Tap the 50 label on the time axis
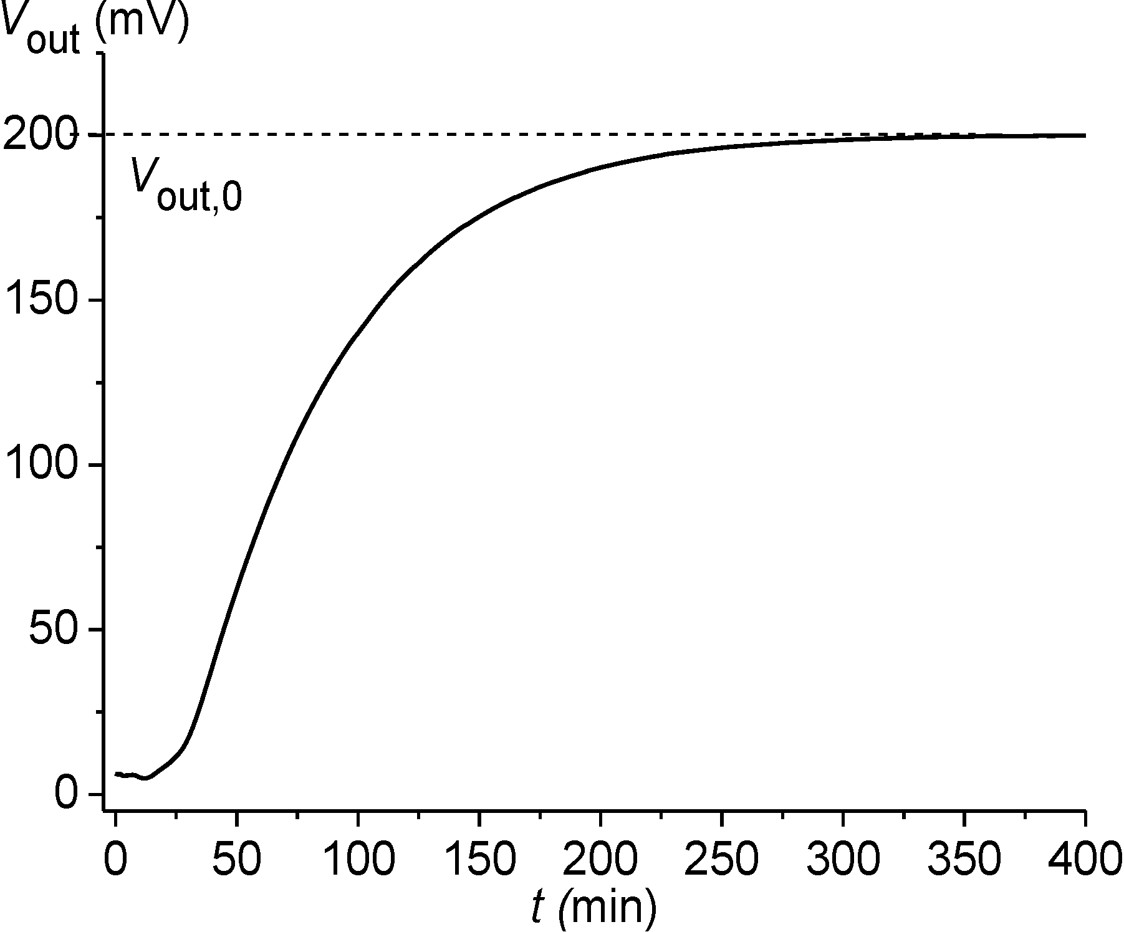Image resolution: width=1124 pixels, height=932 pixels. pos(236,860)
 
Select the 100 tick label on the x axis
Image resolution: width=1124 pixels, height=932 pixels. pos(358,860)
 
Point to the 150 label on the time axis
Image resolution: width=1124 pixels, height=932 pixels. pos(479,860)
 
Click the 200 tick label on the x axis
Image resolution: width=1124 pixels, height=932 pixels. pos(600,860)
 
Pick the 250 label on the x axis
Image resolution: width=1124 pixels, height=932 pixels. pos(721,860)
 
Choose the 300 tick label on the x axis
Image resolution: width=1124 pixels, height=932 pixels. pos(843,860)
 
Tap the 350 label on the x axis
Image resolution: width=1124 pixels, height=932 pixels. pos(964,860)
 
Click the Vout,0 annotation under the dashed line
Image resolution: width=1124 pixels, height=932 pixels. pos(186,185)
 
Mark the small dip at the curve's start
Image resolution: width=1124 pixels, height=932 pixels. pos(145,778)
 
